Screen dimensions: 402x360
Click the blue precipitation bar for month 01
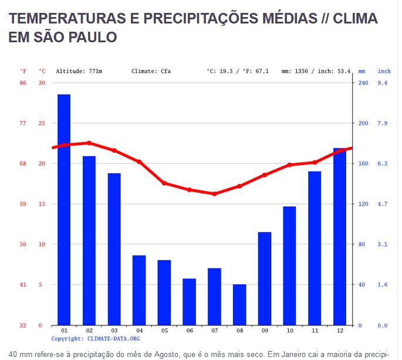[64, 210]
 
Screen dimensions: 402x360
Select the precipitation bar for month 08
[239, 305]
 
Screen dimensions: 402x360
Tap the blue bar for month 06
[189, 302]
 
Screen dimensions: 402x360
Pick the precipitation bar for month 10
[289, 266]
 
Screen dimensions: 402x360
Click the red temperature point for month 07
[215, 194]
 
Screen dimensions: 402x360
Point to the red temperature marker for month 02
[89, 143]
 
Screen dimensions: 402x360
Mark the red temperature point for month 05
[164, 183]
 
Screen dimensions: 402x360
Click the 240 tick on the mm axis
[363, 83]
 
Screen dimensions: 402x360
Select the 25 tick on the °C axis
[42, 123]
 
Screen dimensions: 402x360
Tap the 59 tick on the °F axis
[23, 204]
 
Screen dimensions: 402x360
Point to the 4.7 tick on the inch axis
[382, 204]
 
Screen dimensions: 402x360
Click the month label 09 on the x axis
[265, 331]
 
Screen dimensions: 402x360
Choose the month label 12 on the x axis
[340, 331]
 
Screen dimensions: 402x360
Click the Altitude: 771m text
[79, 71]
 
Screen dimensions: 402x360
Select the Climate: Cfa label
[151, 71]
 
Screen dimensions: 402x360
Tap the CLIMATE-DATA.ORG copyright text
[114, 339]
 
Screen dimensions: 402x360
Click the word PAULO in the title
[93, 37]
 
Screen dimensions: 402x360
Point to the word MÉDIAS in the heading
[290, 18]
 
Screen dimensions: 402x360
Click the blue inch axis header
[384, 71]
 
